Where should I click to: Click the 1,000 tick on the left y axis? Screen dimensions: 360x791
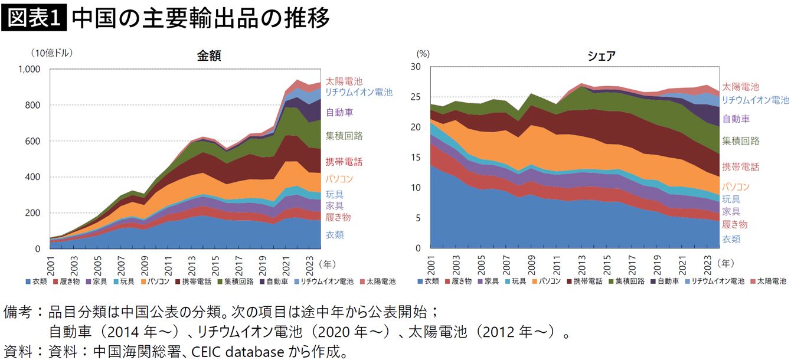pyautogui.click(x=29, y=69)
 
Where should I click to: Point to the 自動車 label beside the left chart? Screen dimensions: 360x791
pyautogui.click(x=339, y=112)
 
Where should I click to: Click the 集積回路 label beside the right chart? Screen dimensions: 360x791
pyautogui.click(x=741, y=141)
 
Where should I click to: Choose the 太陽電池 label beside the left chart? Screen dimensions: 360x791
pyautogui.click(x=344, y=81)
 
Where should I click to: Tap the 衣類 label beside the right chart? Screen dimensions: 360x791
pyautogui.click(x=731, y=239)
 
